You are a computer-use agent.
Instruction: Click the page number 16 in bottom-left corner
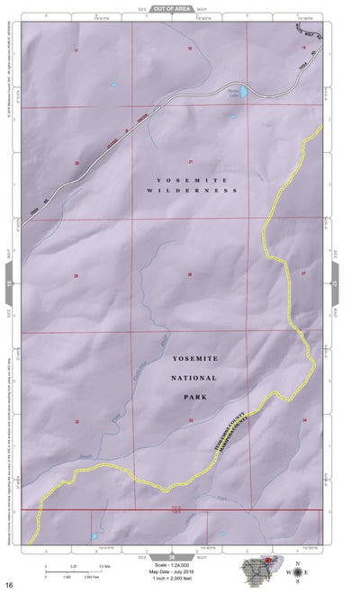8,586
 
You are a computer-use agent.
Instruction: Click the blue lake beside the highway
236,93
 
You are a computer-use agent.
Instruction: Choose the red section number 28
190,274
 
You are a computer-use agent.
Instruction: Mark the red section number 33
191,420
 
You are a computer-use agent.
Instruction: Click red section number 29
76,275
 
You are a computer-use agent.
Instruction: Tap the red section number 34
305,420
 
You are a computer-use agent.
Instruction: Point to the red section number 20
76,163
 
